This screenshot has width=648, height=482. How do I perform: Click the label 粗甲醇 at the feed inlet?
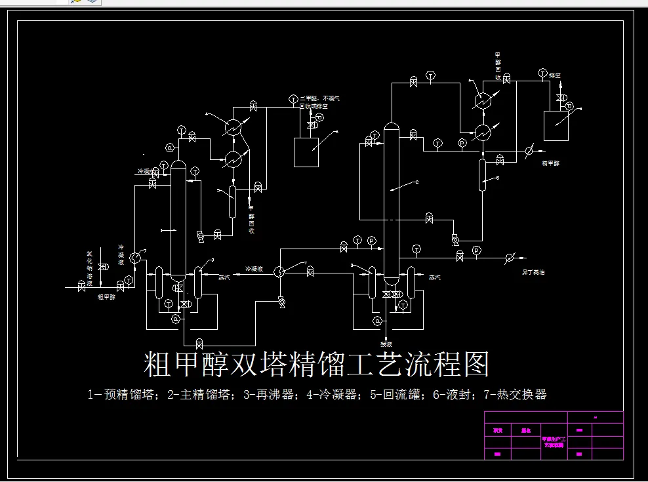pos(106,296)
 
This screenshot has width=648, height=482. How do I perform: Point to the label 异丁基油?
pos(533,271)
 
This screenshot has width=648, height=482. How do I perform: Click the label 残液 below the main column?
pos(386,344)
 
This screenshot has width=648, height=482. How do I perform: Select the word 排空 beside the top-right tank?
pos(555,75)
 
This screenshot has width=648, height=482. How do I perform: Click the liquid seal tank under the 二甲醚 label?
pos(306,152)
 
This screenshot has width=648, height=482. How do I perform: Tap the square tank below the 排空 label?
pos(556,125)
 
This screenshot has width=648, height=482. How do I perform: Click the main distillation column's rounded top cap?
pos(391,126)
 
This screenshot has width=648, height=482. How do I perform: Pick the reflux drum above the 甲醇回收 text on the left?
pos(232,201)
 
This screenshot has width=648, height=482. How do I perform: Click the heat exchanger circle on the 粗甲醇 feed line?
pos(135,258)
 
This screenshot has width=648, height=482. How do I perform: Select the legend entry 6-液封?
pos(458,395)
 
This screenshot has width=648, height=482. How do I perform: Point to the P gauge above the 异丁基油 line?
pos(476,250)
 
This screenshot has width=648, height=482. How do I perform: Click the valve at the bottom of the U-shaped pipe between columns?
pos(199,344)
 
